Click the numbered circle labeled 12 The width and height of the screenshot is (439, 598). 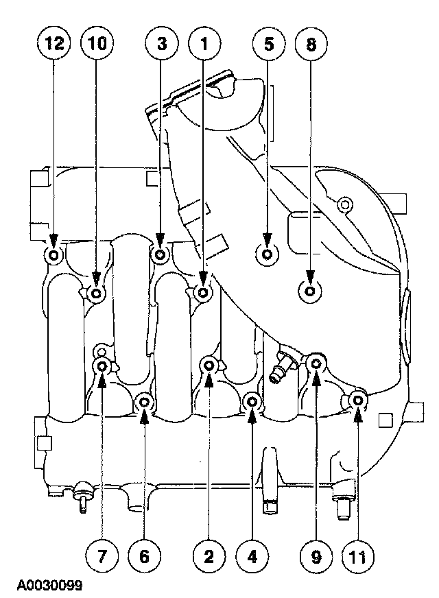[54, 45]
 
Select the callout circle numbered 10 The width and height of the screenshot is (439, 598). [96, 45]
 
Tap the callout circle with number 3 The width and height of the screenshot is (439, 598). [161, 45]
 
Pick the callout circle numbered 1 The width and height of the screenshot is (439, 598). [204, 45]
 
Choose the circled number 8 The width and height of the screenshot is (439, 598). [311, 45]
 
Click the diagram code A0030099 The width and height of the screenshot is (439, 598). [50, 586]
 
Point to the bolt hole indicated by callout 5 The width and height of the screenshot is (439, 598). [268, 253]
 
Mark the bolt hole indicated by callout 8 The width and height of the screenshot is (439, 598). [310, 292]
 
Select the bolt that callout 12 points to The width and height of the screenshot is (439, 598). [54, 256]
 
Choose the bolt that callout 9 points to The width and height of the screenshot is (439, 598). [316, 363]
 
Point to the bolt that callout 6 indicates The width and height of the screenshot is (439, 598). [144, 402]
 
